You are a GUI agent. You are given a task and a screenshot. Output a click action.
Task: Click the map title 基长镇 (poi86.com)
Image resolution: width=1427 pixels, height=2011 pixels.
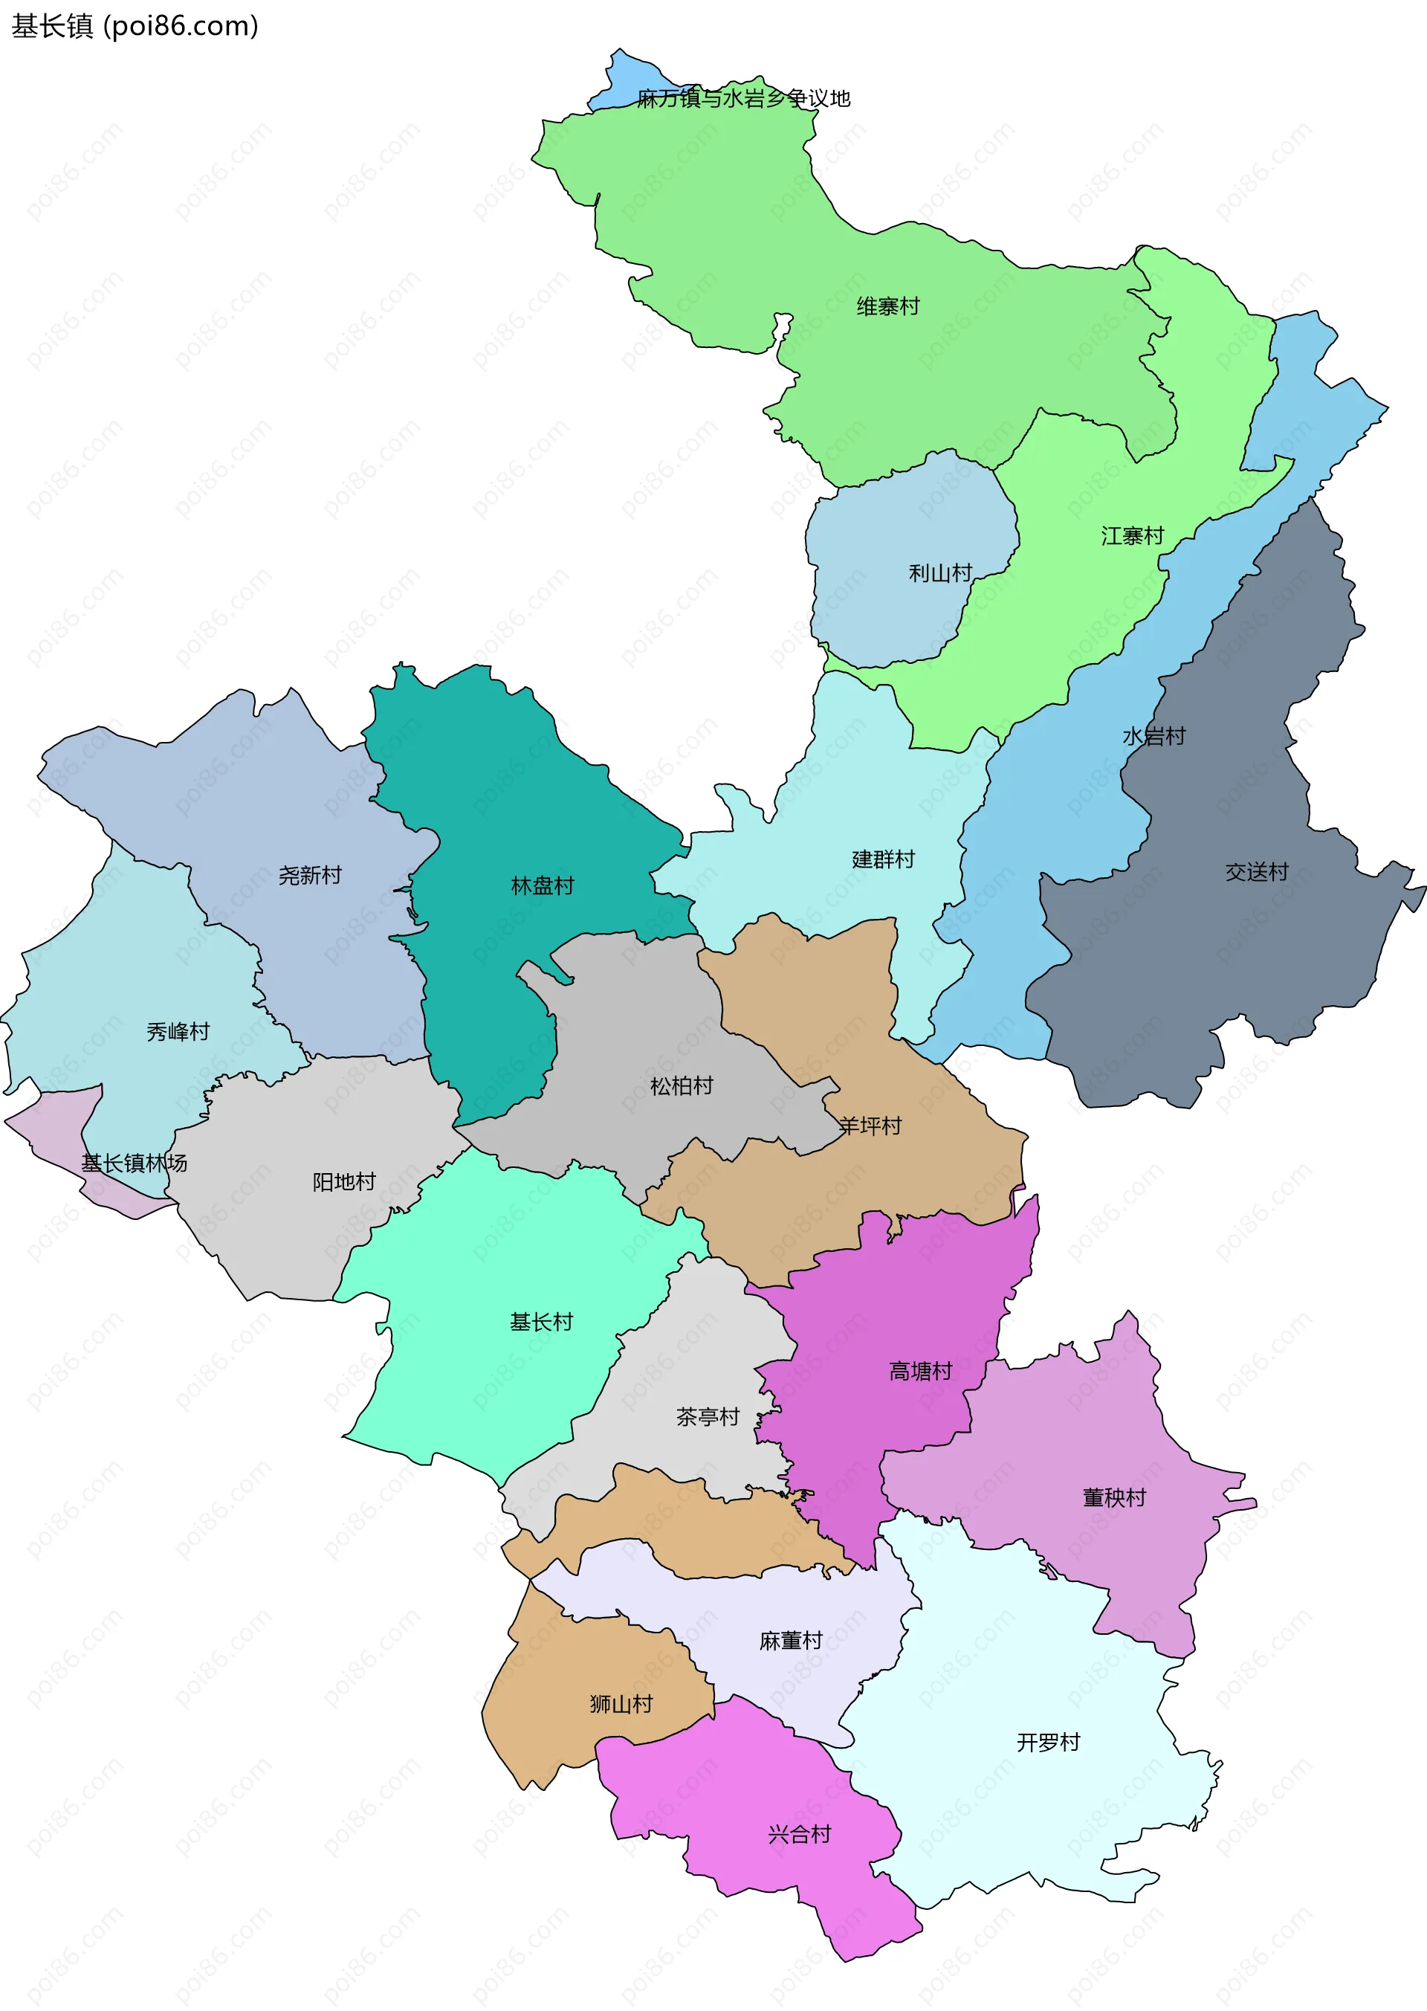click(135, 26)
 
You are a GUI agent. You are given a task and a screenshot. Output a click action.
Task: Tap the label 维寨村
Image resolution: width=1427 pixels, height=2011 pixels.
click(887, 307)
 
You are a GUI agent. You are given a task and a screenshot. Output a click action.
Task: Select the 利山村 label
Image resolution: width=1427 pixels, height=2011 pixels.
click(939, 574)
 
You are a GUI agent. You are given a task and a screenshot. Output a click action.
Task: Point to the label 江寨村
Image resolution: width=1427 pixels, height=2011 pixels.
click(1132, 536)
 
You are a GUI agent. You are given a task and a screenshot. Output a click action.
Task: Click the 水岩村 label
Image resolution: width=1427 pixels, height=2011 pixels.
click(1153, 737)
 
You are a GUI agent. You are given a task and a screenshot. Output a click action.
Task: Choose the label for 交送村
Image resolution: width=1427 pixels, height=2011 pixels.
click(1257, 872)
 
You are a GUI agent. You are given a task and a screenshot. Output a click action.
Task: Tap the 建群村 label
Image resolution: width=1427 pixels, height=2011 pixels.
click(883, 859)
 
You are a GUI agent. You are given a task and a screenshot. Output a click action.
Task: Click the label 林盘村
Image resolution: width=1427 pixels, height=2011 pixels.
click(542, 886)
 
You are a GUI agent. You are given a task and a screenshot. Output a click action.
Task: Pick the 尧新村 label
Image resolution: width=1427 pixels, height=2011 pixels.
click(309, 876)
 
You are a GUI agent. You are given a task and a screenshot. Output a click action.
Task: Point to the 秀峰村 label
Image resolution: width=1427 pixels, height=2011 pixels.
click(178, 1032)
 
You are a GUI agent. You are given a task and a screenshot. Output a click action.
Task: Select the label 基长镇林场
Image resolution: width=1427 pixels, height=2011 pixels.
click(135, 1163)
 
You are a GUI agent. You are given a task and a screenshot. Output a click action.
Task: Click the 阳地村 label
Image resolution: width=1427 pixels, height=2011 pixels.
click(343, 1182)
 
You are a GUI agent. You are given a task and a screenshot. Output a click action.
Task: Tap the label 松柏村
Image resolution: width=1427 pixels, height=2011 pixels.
click(681, 1086)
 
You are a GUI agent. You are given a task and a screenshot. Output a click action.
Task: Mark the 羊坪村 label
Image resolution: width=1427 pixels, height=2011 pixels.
click(870, 1126)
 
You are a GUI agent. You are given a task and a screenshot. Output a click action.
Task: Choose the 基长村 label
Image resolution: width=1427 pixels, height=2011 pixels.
click(541, 1322)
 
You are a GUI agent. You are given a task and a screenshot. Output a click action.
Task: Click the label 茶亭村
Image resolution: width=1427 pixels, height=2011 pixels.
click(708, 1417)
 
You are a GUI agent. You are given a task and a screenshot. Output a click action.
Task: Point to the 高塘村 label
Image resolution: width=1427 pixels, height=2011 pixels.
click(920, 1371)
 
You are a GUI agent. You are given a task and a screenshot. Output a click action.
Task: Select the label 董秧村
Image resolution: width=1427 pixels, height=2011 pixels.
click(1114, 1498)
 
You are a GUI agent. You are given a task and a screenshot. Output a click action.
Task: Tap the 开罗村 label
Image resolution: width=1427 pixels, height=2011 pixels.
click(1047, 1742)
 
